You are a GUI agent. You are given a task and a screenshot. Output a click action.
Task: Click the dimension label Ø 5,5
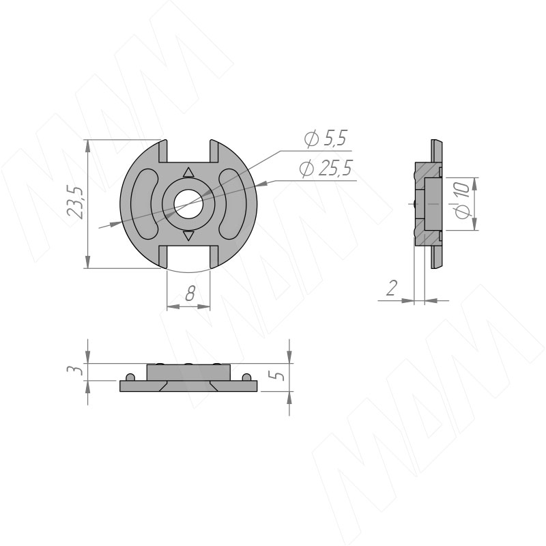pos(326,139)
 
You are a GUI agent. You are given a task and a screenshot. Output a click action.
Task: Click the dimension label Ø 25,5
pos(326,169)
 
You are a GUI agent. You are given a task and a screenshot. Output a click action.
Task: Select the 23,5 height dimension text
pos(76,203)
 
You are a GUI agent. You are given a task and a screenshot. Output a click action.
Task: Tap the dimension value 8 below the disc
pos(190,293)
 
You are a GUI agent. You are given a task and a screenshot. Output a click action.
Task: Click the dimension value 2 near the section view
pos(392,288)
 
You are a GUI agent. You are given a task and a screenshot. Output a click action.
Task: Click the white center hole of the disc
pos(189,204)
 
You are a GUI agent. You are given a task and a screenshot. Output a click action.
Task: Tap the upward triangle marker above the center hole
pos(188,173)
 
